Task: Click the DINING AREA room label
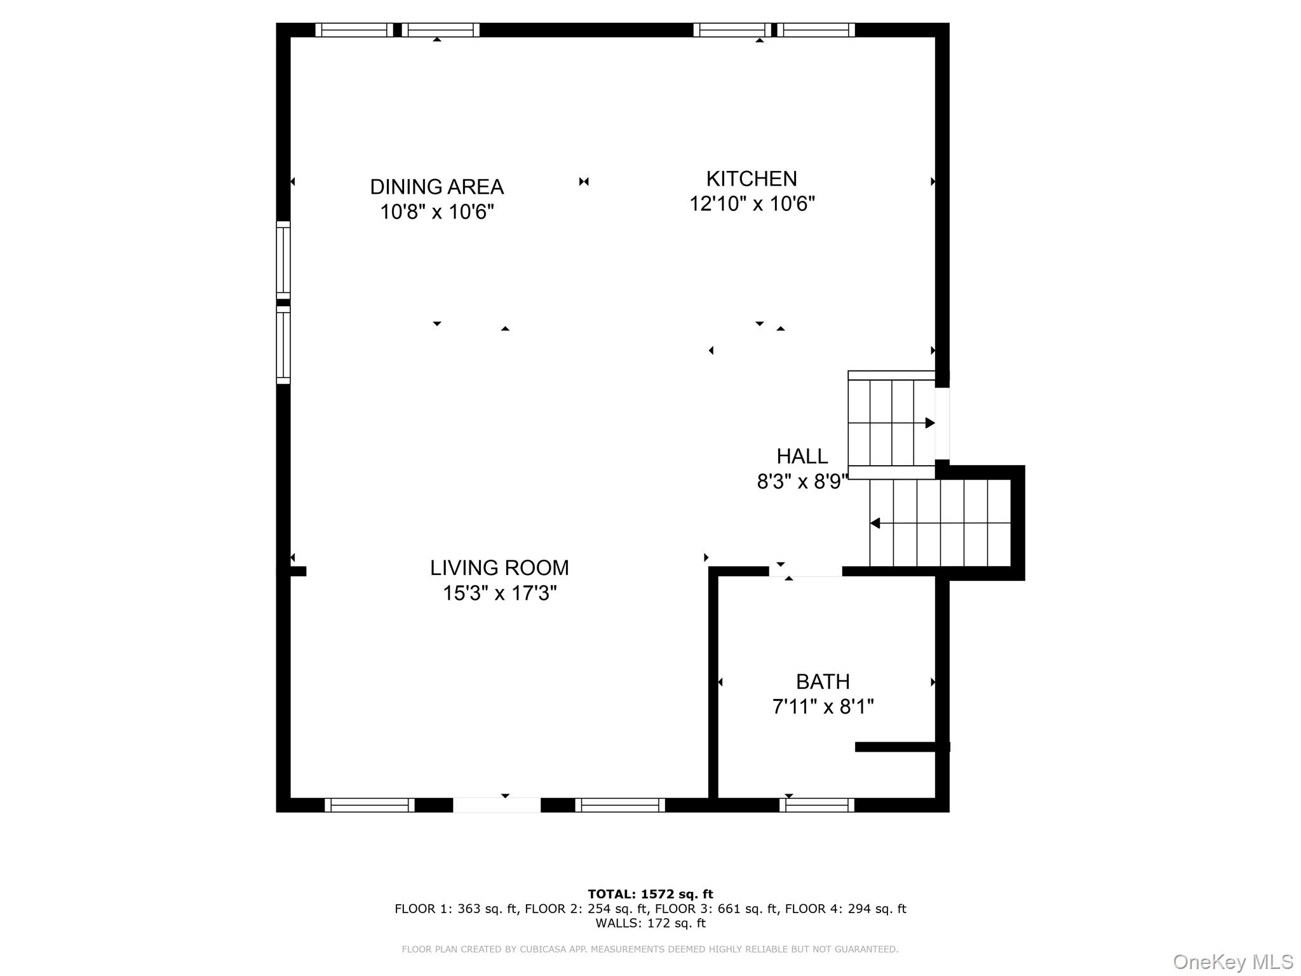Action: pyautogui.click(x=437, y=187)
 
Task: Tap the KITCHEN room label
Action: pyautogui.click(x=752, y=179)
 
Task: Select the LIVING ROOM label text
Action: pyautogui.click(x=499, y=567)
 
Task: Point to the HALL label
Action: pyautogui.click(x=802, y=456)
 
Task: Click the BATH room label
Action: pyautogui.click(x=823, y=682)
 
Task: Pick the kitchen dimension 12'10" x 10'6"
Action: pyautogui.click(x=752, y=204)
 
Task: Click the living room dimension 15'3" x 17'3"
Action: pyautogui.click(x=499, y=593)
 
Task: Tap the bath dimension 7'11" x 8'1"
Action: pyautogui.click(x=823, y=707)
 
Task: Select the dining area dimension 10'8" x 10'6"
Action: pyautogui.click(x=437, y=212)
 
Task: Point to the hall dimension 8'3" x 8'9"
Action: pyautogui.click(x=802, y=482)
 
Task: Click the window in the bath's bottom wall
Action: pyautogui.click(x=817, y=805)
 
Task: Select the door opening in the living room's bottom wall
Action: pyautogui.click(x=497, y=805)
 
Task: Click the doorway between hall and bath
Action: pyautogui.click(x=806, y=571)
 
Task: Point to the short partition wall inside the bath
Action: pyautogui.click(x=903, y=747)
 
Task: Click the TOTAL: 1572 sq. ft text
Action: pyautogui.click(x=650, y=895)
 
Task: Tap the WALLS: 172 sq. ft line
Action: pyautogui.click(x=650, y=923)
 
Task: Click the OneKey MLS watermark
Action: pyautogui.click(x=1233, y=962)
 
